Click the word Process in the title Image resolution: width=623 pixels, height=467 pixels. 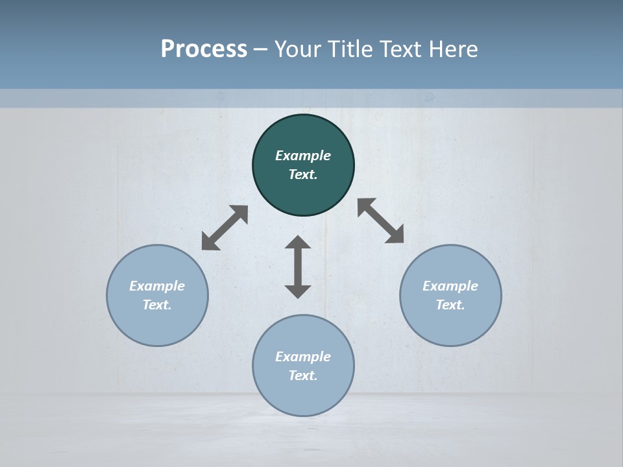[x=204, y=49]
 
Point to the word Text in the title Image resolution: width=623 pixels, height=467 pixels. [x=402, y=49]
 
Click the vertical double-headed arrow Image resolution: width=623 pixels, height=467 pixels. [x=298, y=267]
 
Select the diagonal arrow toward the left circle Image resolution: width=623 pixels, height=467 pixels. [x=225, y=228]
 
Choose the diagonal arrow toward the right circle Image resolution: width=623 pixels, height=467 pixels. [x=381, y=221]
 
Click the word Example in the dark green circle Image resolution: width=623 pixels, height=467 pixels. [x=303, y=156]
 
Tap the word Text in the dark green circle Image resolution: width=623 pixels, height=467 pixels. [x=303, y=174]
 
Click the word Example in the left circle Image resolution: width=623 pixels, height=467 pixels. [x=157, y=286]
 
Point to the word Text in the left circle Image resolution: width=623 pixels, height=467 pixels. [x=157, y=305]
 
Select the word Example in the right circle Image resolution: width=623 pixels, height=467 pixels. [x=450, y=286]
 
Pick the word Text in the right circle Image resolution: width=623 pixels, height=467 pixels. [x=450, y=305]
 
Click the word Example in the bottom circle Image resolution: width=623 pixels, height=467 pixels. [x=303, y=357]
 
